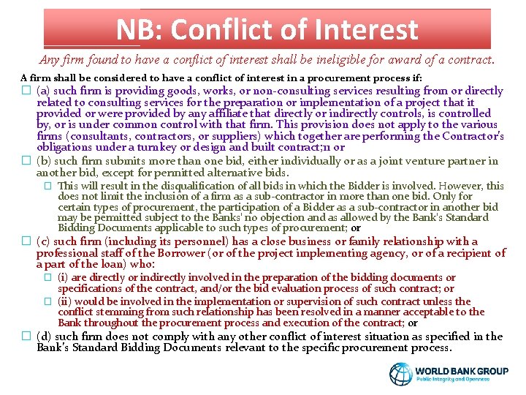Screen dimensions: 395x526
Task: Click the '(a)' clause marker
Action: click(44, 91)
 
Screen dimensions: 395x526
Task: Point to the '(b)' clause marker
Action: click(44, 161)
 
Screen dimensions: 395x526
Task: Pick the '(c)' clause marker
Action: click(44, 241)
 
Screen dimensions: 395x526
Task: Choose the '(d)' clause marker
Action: click(44, 336)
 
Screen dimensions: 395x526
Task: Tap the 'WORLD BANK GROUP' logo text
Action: click(462, 371)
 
